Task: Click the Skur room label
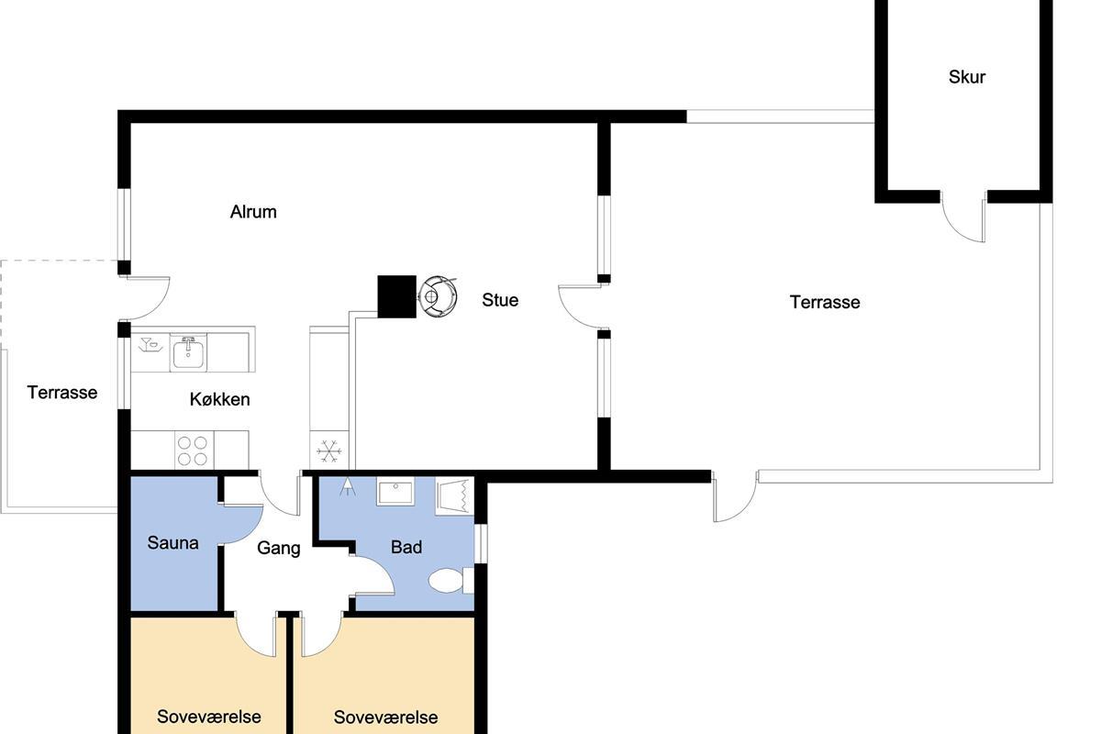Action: click(967, 77)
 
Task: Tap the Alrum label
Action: click(253, 212)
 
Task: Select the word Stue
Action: click(500, 300)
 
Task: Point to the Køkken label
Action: click(219, 399)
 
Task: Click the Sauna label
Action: click(172, 543)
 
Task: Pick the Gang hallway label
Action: click(279, 548)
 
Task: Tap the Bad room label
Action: click(406, 547)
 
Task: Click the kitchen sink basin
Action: click(188, 352)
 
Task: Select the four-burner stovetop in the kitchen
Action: click(192, 450)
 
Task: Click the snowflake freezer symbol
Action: click(328, 450)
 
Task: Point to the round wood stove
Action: click(437, 296)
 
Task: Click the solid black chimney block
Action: click(396, 296)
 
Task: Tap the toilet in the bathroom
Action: click(450, 581)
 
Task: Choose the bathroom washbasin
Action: click(395, 491)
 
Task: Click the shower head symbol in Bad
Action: click(348, 486)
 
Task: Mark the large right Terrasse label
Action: click(825, 302)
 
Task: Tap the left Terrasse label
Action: click(62, 393)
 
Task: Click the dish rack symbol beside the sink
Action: click(150, 345)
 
